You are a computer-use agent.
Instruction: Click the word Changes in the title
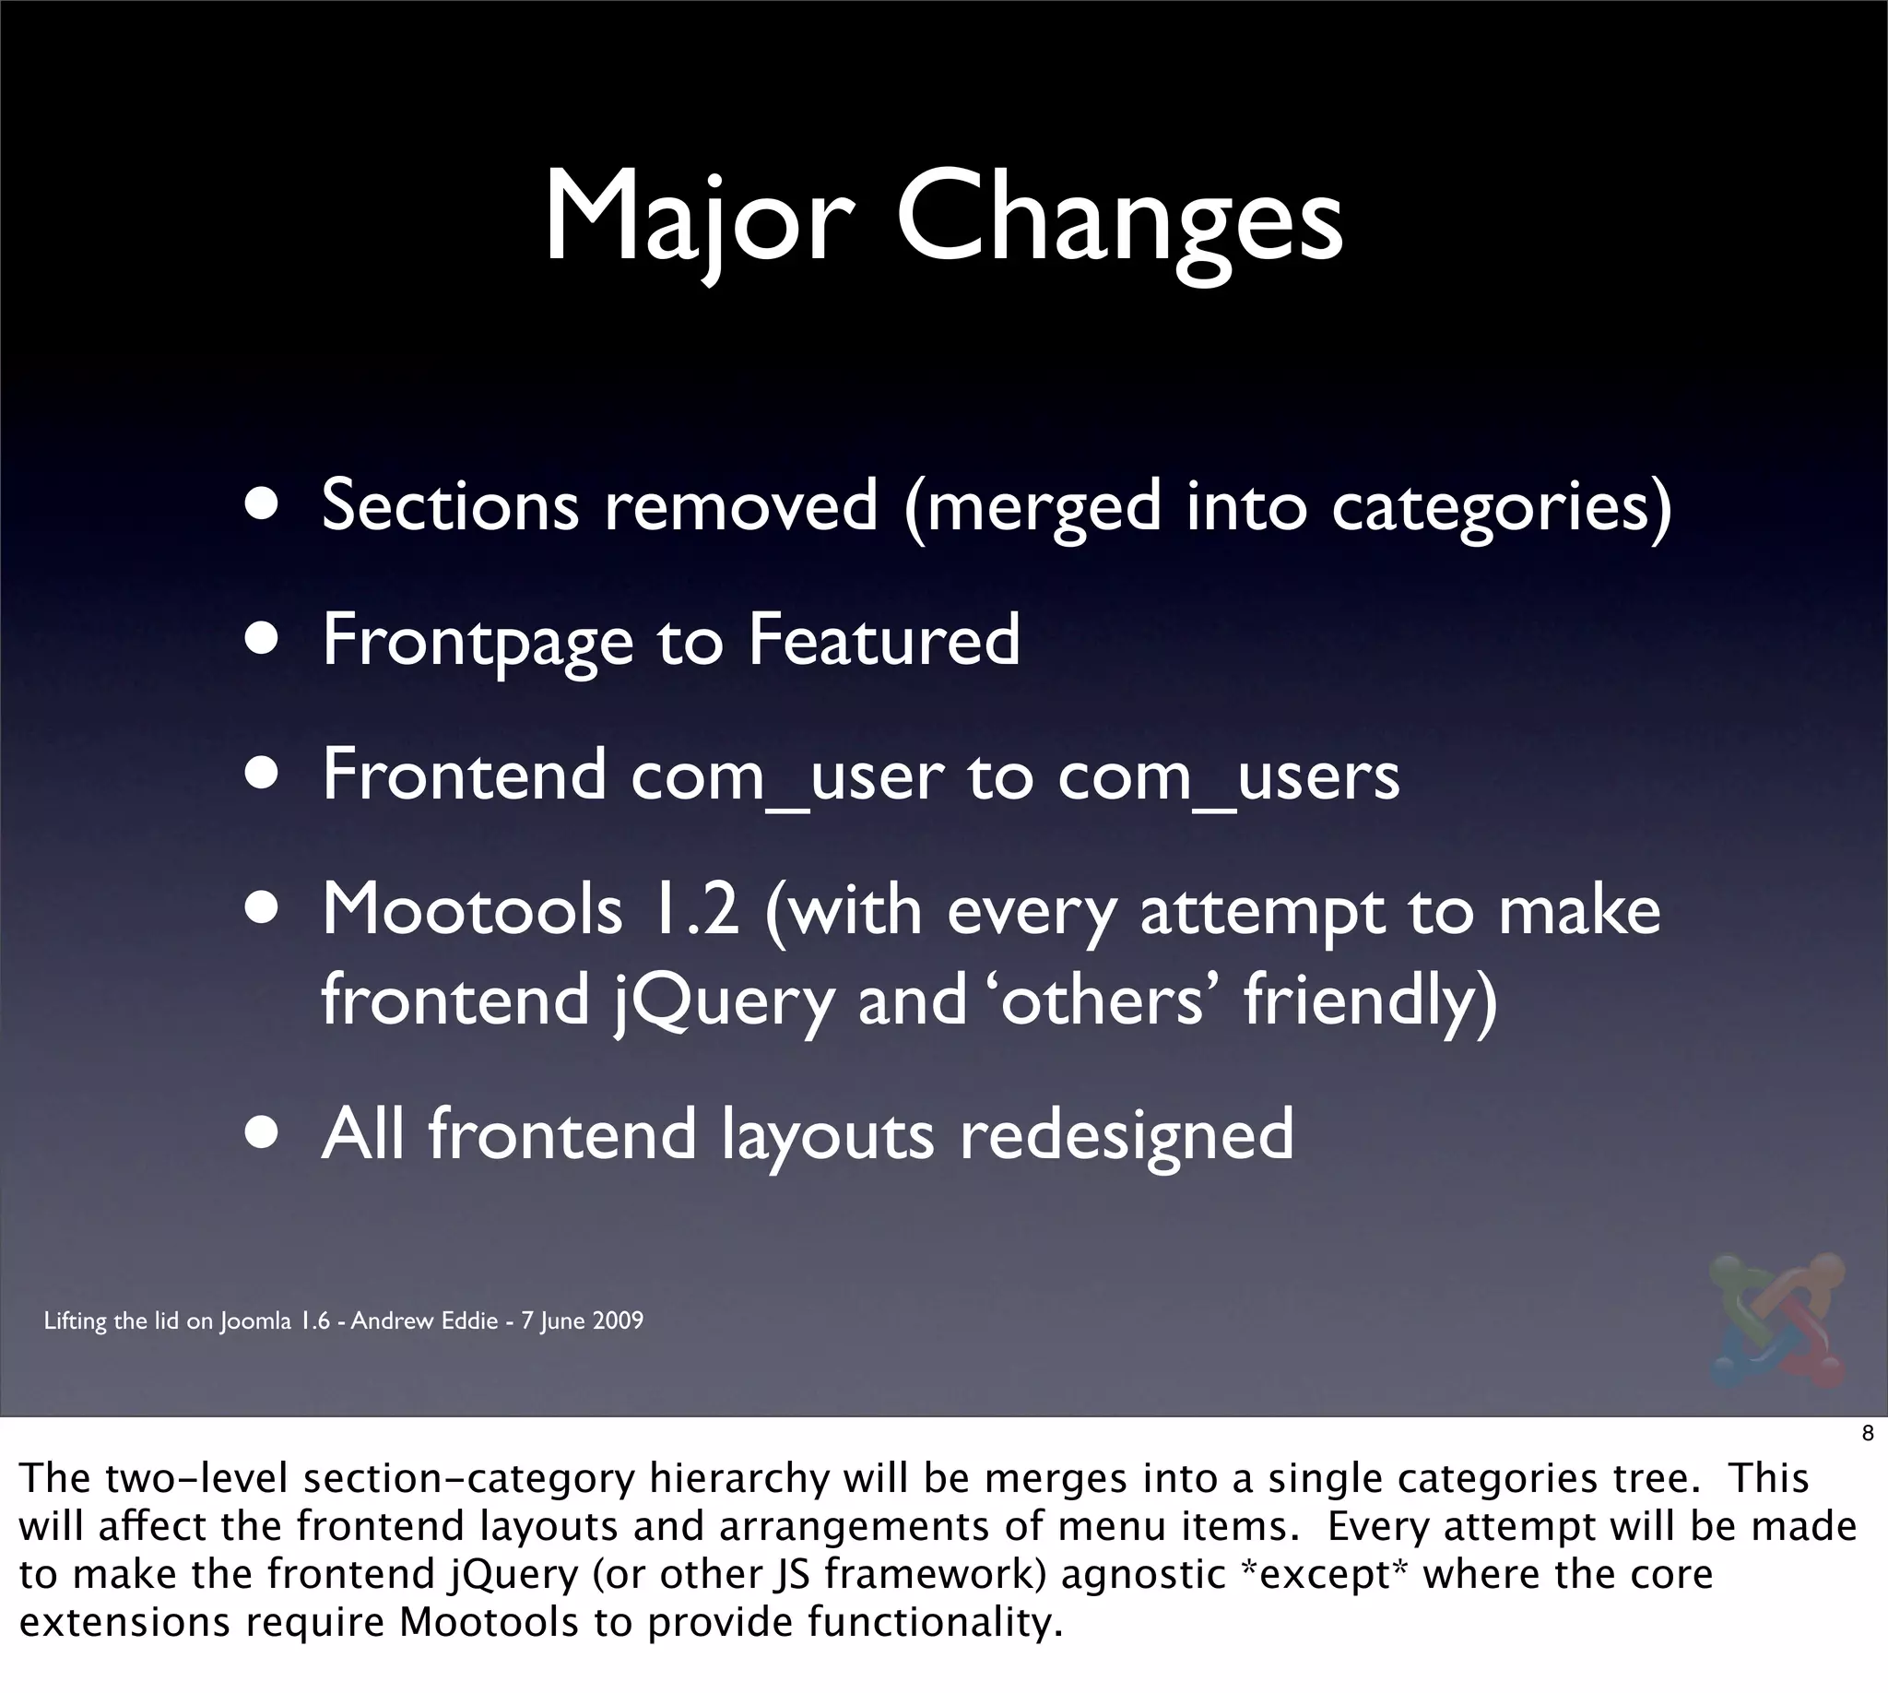[x=1120, y=219]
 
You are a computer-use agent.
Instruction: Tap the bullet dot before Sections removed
[x=263, y=505]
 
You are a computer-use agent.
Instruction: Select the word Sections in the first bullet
[x=450, y=505]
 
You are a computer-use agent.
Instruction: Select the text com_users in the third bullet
[x=1228, y=776]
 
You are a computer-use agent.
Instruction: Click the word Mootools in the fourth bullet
[x=471, y=910]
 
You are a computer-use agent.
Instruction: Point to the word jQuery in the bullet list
[x=725, y=1000]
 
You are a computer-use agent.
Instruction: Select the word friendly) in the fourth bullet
[x=1371, y=1000]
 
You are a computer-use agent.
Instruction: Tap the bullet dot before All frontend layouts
[x=263, y=1134]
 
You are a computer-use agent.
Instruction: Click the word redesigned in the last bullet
[x=1127, y=1136]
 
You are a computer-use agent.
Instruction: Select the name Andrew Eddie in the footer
[x=424, y=1320]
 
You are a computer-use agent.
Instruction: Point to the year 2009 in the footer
[x=618, y=1320]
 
